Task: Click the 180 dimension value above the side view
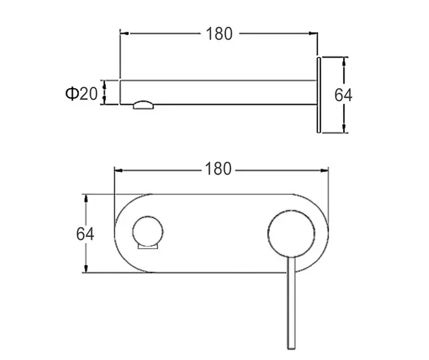coord(219,34)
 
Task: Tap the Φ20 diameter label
coord(81,93)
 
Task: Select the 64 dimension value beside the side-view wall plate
coord(344,95)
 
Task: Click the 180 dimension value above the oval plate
coord(219,168)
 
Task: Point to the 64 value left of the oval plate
coord(85,233)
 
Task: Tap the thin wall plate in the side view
coord(318,94)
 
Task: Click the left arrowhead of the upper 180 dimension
coord(123,34)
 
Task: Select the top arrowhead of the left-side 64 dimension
coord(87,198)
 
